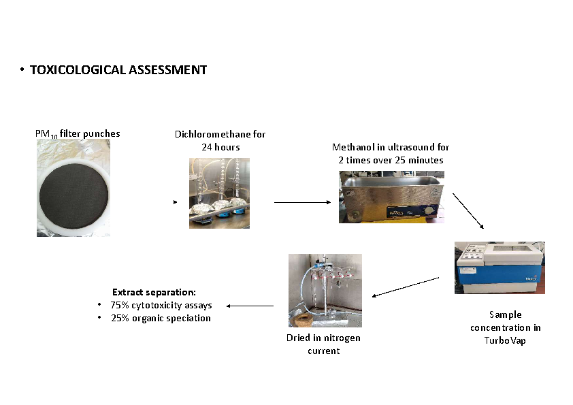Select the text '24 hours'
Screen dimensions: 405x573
(x=220, y=147)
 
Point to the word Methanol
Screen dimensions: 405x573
(x=352, y=147)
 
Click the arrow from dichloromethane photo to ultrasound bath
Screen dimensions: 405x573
(x=303, y=202)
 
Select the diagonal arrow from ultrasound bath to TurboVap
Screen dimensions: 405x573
(x=469, y=212)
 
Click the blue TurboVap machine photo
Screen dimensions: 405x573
(x=500, y=268)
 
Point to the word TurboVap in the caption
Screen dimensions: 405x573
(x=500, y=340)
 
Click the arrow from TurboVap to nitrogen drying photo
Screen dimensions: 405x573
(x=406, y=287)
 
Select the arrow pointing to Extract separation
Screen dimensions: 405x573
(x=250, y=306)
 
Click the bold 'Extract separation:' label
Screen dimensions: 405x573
(x=154, y=292)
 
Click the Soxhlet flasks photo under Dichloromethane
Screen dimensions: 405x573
(x=219, y=193)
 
